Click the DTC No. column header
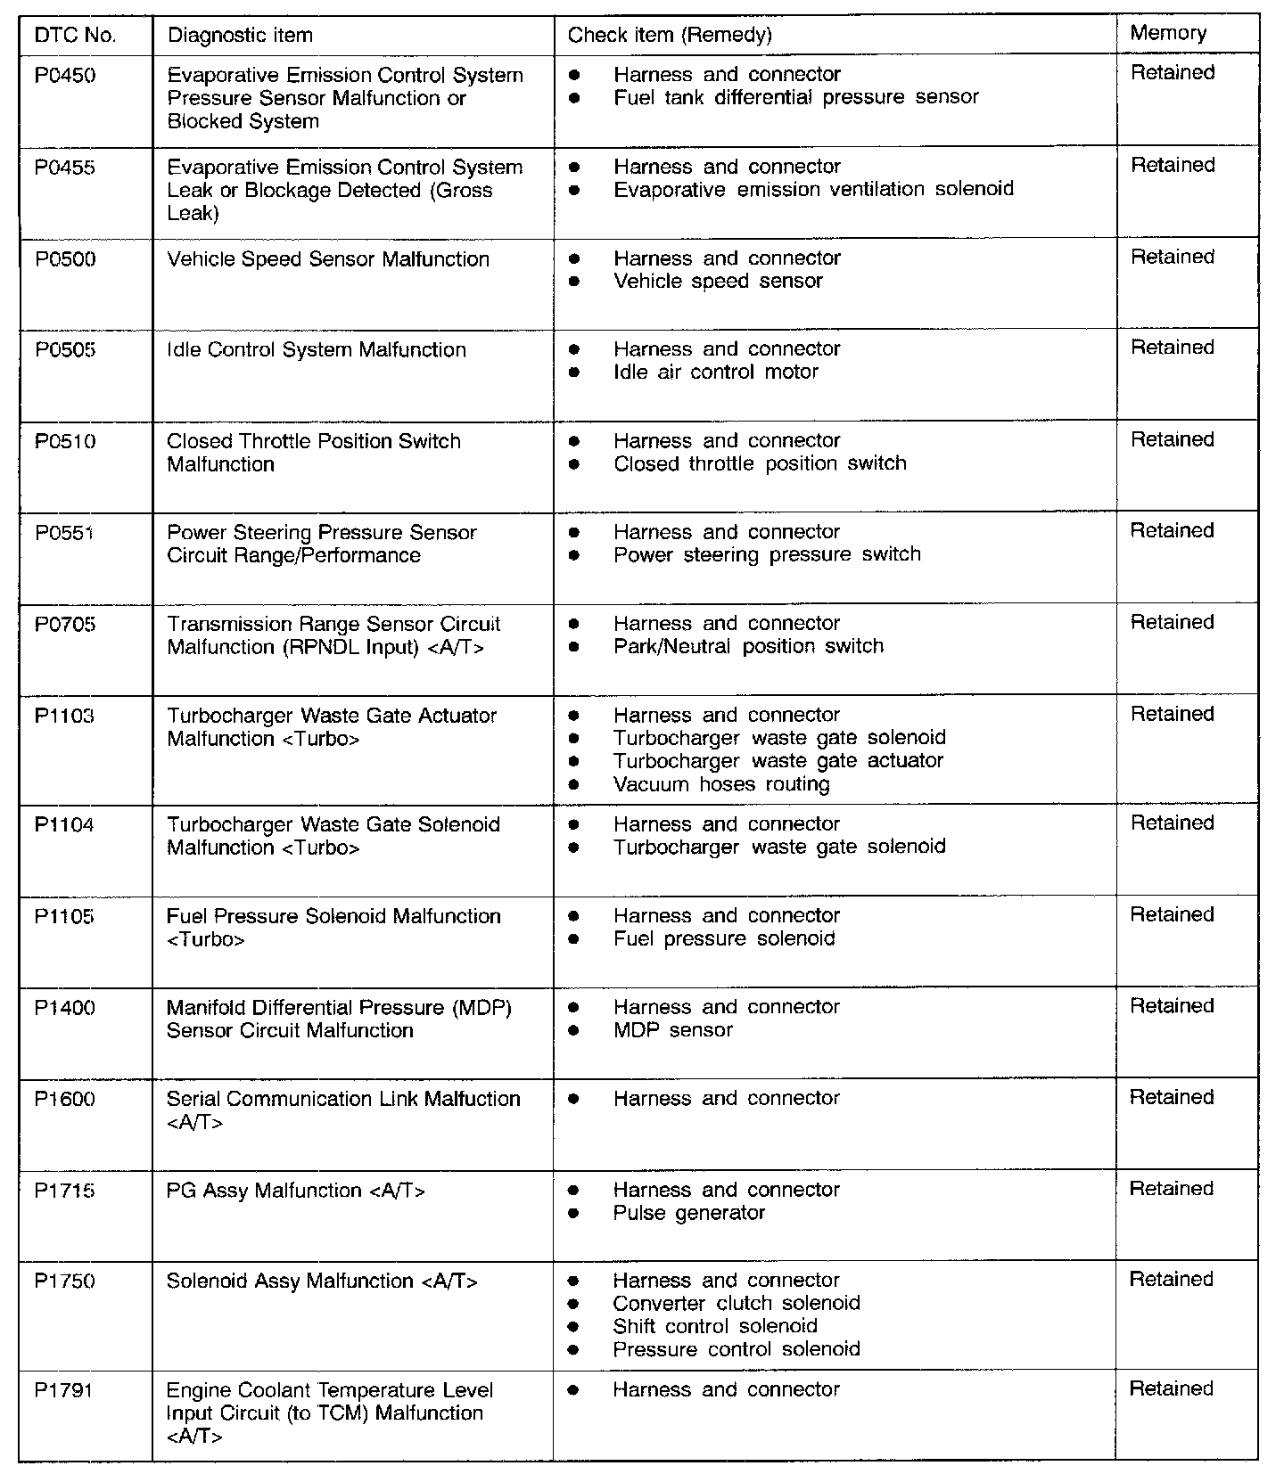(76, 36)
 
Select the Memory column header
(1168, 33)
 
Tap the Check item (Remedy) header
(670, 35)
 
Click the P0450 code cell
(65, 76)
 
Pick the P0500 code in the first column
(65, 259)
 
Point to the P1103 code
(64, 717)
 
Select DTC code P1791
(64, 1390)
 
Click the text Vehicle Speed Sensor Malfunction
(328, 259)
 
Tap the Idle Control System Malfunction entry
(317, 350)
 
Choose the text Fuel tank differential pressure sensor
(796, 97)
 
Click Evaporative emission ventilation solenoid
(813, 189)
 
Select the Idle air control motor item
(716, 373)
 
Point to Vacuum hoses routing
(721, 784)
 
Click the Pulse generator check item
(689, 1213)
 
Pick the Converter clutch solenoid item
(737, 1304)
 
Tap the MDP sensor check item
(673, 1030)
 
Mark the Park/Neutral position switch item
(748, 646)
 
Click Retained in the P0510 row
(1173, 440)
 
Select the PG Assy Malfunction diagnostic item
(296, 1191)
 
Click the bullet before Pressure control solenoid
(573, 1350)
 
